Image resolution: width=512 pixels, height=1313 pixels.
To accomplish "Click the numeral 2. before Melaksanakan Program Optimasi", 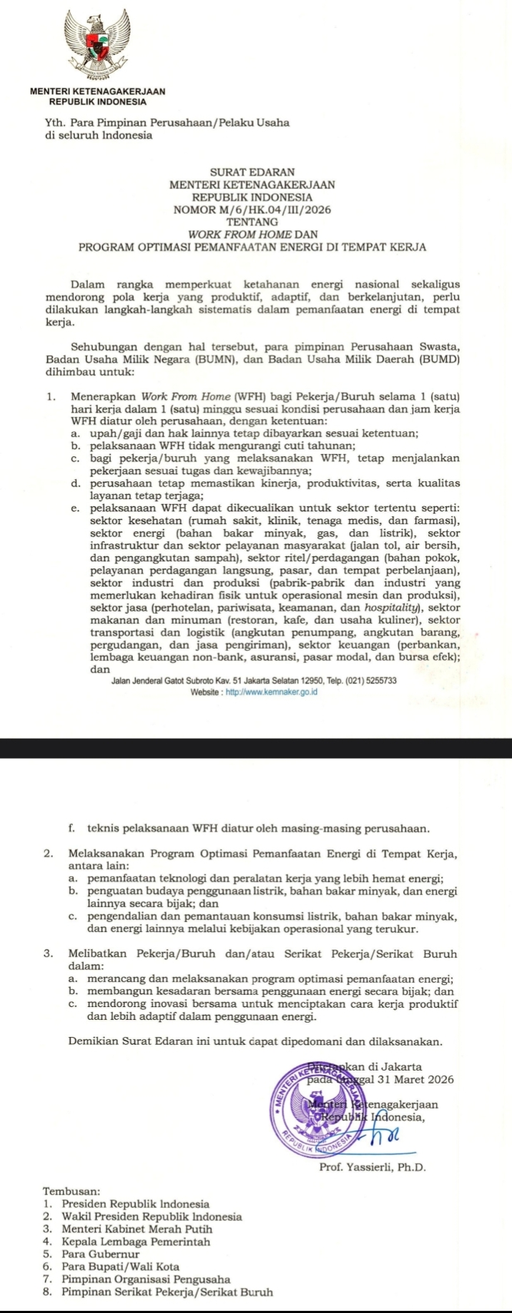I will (x=48, y=853).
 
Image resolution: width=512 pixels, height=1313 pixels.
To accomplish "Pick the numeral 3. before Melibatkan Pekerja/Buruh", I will (x=48, y=954).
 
